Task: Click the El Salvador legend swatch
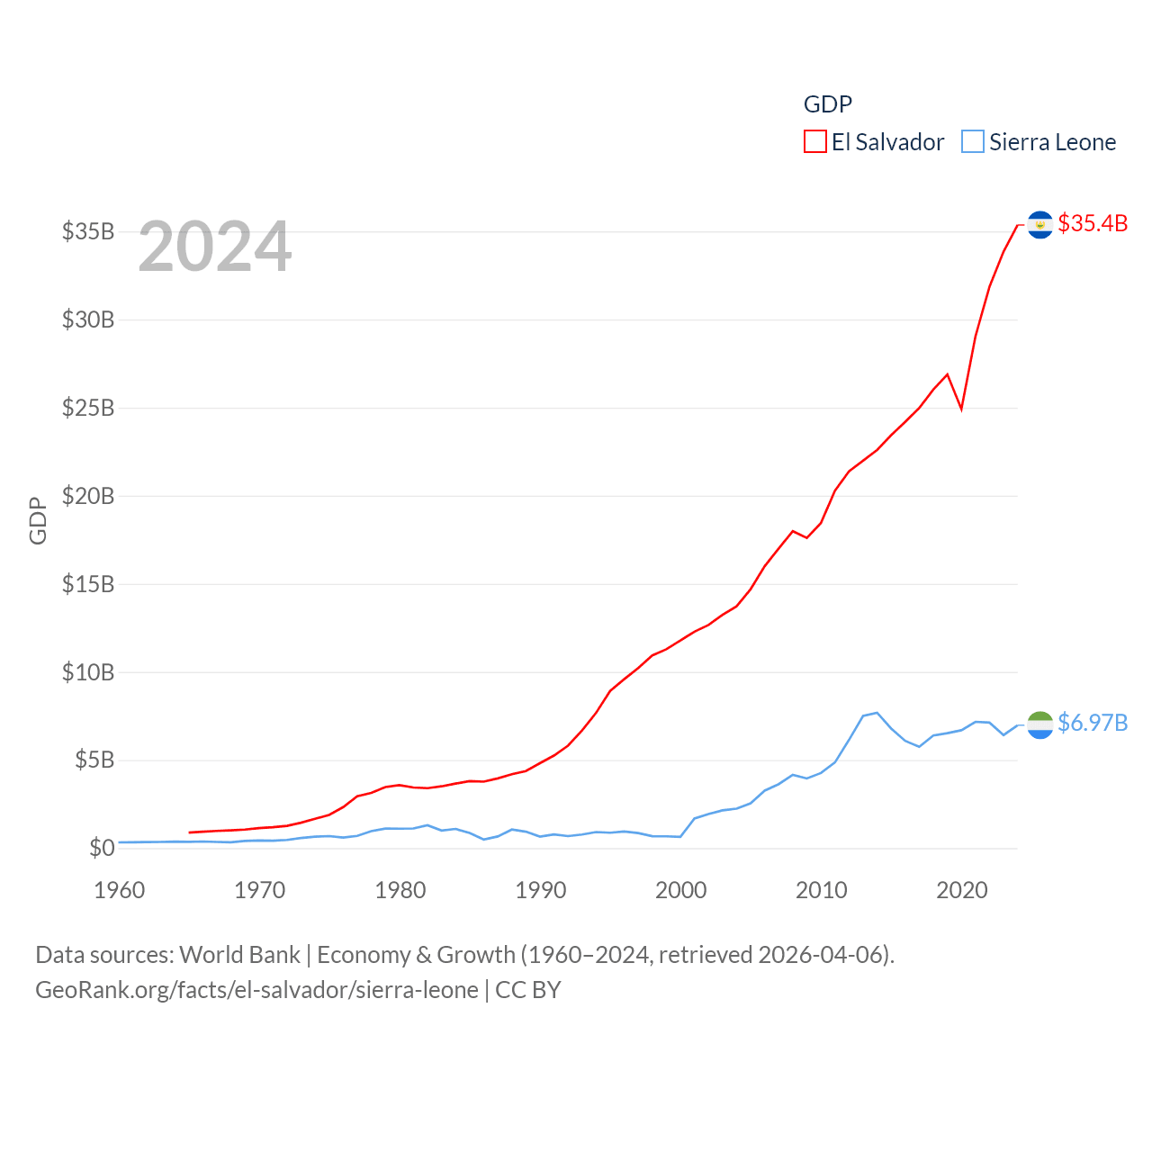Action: coord(814,142)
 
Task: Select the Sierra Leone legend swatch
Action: coord(973,142)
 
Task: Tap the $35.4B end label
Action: coord(1093,223)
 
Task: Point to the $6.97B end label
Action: coord(1093,723)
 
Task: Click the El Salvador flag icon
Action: coord(1039,224)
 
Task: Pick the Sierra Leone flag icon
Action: coord(1039,724)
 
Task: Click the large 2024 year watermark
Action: coord(215,247)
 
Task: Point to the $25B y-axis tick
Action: coord(88,408)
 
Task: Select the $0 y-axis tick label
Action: coord(102,848)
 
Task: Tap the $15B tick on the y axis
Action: coord(88,584)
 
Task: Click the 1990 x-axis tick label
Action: coord(541,890)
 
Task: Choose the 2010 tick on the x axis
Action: coord(822,890)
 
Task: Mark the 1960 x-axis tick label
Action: coord(120,890)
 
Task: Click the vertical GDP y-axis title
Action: coord(38,520)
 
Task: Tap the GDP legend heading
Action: coord(828,104)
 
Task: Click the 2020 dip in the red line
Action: coord(961,408)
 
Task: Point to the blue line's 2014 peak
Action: coord(877,713)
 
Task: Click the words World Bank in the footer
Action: coord(240,954)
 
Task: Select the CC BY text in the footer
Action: coord(528,990)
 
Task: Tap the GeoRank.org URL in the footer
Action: coord(256,990)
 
